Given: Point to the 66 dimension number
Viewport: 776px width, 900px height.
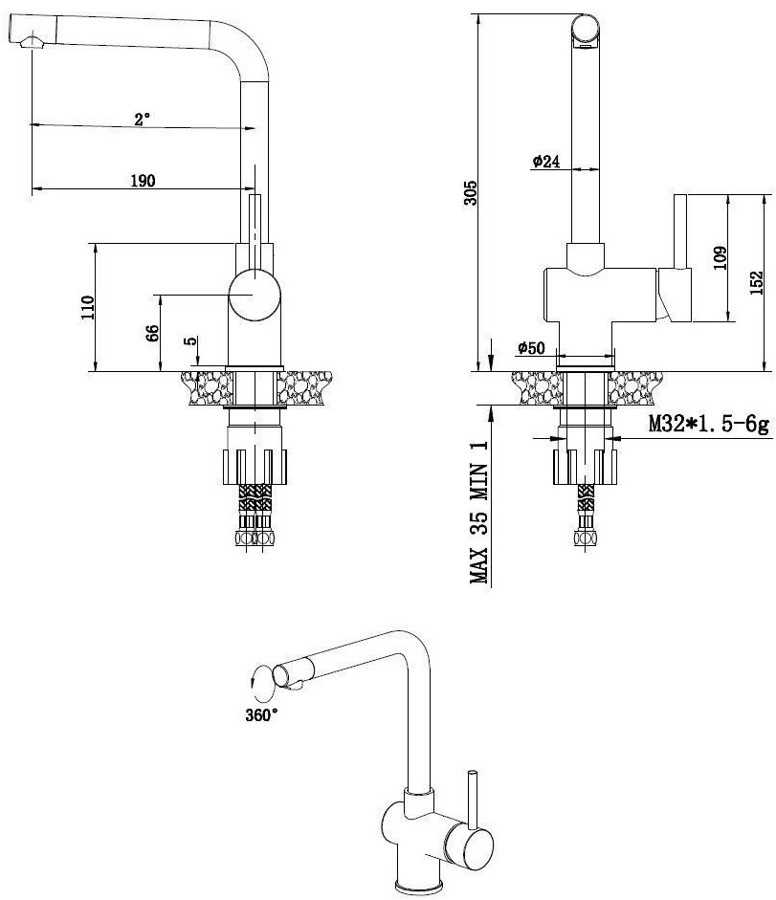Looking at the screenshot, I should pos(151,334).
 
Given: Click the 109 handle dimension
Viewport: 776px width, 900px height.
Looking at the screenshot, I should pos(721,258).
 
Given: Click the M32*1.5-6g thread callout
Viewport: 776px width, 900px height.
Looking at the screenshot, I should pos(708,425).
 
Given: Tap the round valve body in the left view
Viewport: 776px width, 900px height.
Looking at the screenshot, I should pos(255,295).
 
